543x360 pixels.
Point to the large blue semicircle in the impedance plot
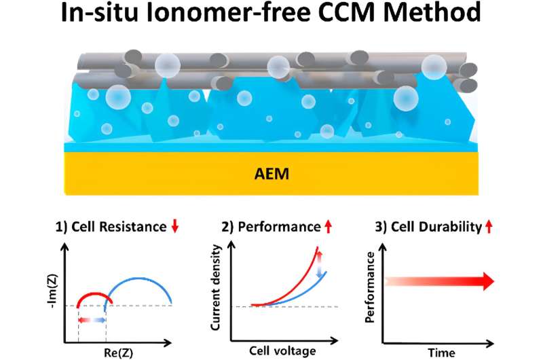[139, 279]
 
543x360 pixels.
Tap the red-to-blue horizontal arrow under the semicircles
[92, 318]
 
